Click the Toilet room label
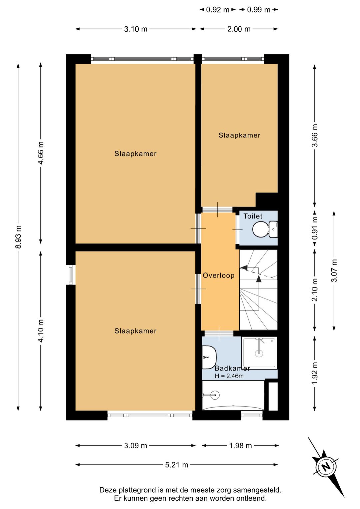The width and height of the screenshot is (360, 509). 253,216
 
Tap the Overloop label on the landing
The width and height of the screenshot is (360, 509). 218,276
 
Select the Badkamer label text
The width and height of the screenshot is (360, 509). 232,368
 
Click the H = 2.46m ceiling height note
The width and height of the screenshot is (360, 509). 229,376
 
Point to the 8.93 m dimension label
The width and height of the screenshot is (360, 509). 18,237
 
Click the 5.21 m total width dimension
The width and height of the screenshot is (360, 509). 176,465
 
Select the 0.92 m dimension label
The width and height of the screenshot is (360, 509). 218,10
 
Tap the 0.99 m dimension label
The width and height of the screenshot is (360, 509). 259,10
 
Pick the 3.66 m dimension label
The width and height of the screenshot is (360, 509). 315,135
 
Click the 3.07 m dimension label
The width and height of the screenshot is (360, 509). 334,271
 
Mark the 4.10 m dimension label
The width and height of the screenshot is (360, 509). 41,331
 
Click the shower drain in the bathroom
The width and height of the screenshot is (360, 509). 259,353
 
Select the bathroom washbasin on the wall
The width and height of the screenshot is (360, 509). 209,358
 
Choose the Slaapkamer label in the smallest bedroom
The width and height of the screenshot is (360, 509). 239,135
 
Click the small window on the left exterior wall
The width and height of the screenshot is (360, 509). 71,275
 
